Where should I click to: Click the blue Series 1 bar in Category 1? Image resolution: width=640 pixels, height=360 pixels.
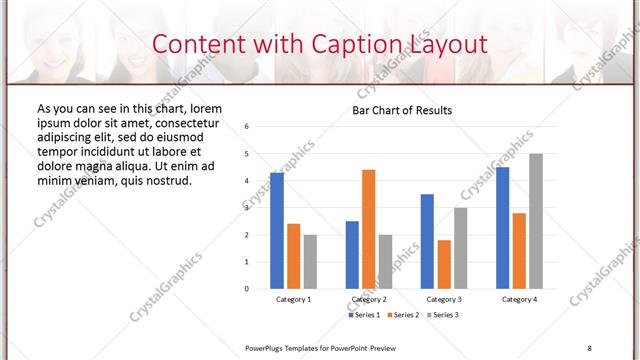point(277,231)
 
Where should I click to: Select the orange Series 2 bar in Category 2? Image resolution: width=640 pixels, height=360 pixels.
point(368,229)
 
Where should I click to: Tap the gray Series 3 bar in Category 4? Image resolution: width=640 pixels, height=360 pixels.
point(536,221)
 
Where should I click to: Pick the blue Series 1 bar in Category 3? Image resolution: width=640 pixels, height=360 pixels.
point(427,241)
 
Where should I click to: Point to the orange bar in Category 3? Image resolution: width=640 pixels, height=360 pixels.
point(444,264)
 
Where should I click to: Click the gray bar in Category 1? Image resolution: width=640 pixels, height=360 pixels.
point(310,261)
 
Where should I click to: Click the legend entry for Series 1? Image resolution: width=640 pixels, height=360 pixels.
point(363,315)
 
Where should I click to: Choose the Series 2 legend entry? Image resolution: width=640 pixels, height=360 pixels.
point(402,315)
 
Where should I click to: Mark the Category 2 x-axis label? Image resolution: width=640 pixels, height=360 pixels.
point(368,299)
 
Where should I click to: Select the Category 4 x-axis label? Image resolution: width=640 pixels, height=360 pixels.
point(519,299)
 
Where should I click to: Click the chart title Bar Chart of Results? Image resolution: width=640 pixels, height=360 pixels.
point(402,110)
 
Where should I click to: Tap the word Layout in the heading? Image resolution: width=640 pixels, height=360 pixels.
point(448,45)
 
